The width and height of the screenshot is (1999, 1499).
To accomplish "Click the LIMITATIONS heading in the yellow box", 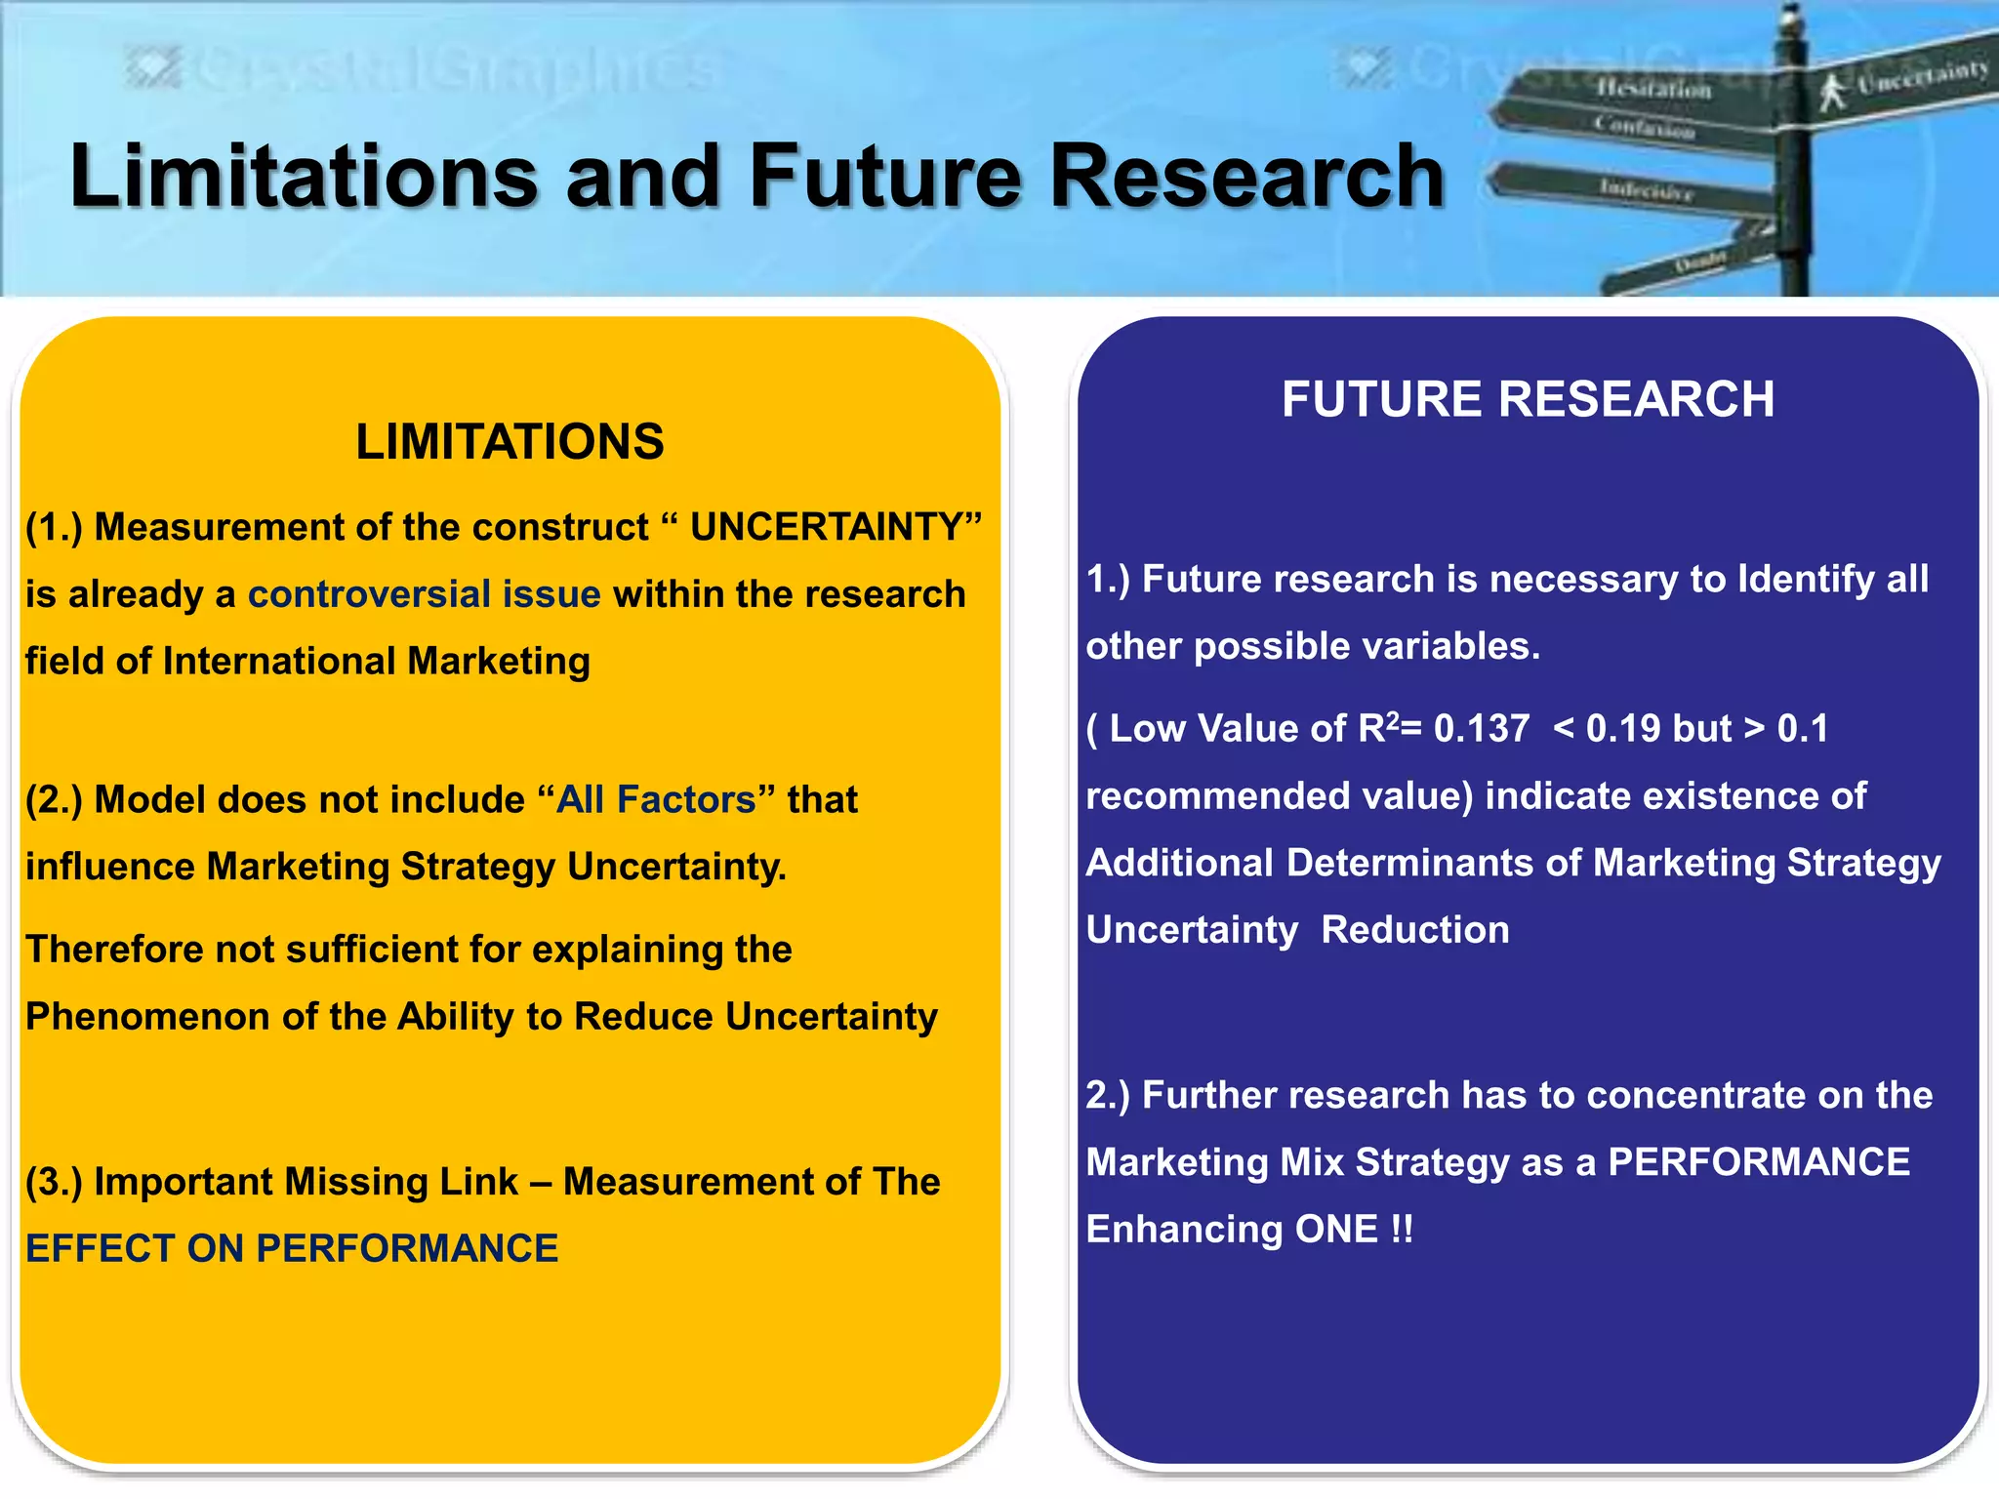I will pos(510,441).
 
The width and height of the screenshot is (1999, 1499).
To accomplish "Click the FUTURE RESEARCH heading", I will pos(1528,399).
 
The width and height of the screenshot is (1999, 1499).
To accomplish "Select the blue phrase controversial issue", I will pos(424,594).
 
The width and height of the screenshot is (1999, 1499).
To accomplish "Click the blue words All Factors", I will pos(656,800).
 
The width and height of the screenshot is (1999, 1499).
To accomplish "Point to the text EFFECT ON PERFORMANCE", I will pos(292,1249).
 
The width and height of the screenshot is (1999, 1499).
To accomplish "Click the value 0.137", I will pos(1481,729).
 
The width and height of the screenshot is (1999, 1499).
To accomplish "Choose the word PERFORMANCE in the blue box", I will pos(1758,1162).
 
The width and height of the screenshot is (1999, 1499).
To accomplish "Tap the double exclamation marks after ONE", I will pos(1402,1230).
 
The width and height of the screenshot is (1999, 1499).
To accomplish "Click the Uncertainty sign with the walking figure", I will pos(1903,83).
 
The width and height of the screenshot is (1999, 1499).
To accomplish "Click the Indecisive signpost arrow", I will pos(1640,188).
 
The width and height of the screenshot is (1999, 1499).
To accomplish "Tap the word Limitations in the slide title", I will pos(304,177).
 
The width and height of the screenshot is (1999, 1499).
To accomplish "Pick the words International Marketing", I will pos(376,662).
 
